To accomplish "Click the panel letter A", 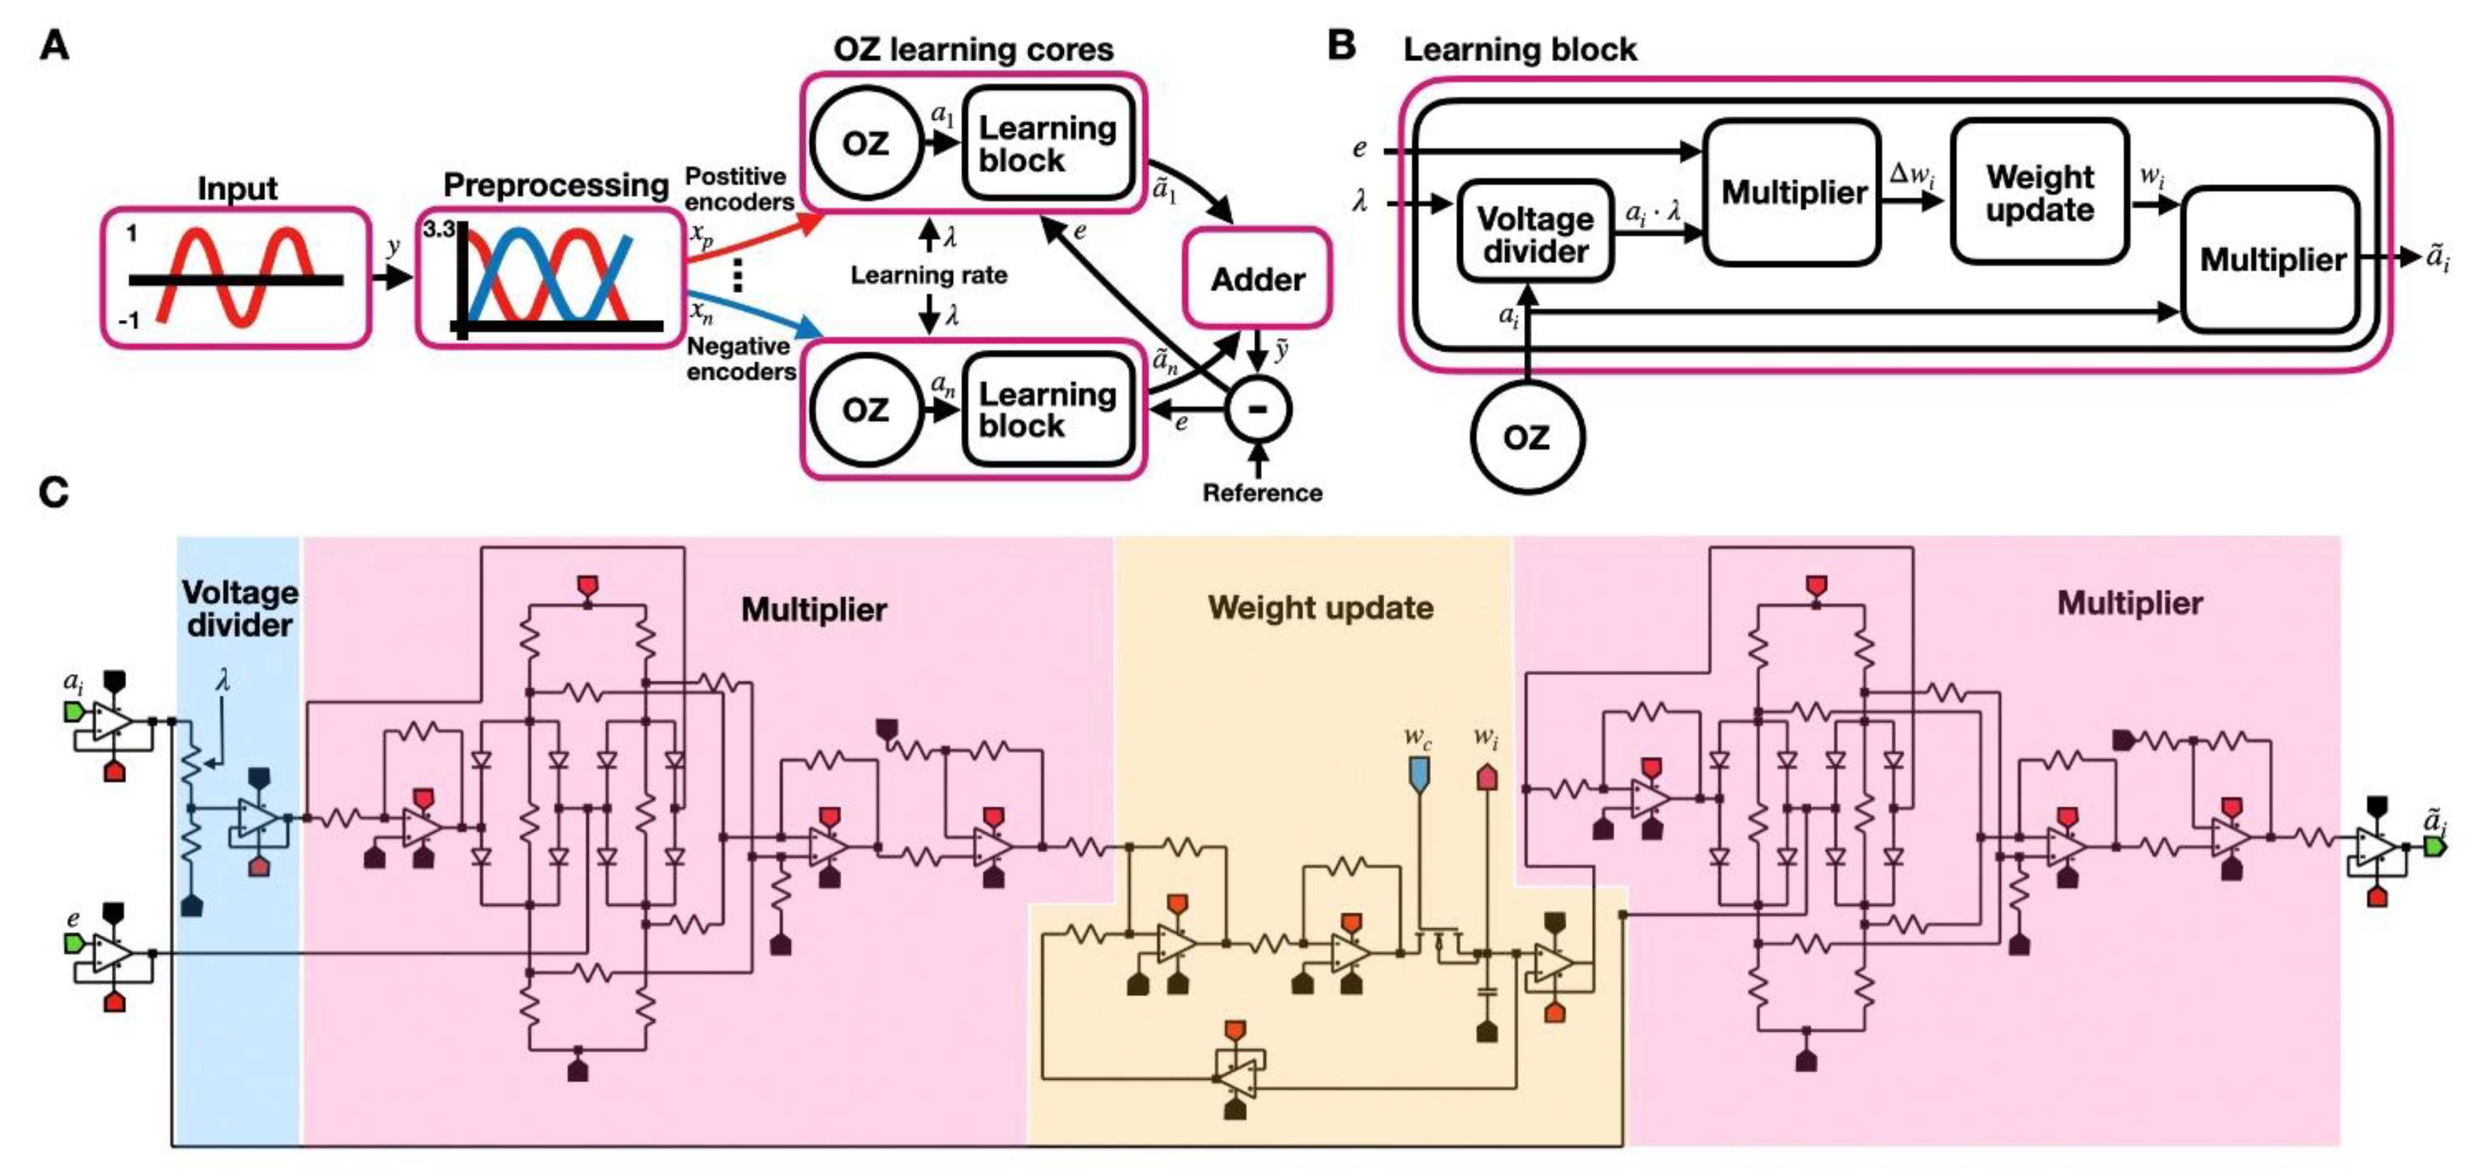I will (54, 45).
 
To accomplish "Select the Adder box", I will (1258, 279).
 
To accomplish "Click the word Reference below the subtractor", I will (1262, 492).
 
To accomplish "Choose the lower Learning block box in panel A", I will (1047, 410).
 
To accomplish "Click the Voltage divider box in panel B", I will (1534, 234).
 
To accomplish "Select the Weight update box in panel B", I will (2040, 192).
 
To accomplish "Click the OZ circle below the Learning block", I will (1526, 438).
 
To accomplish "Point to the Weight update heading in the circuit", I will (1320, 608).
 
